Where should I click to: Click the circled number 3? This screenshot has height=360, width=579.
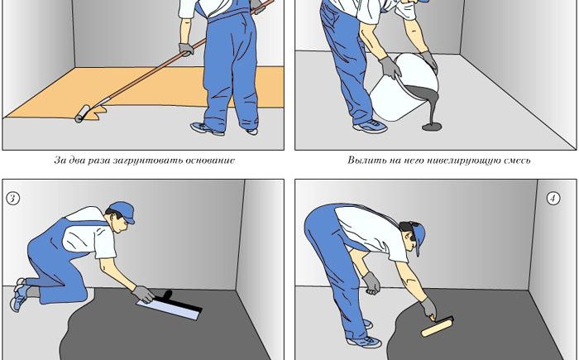tap(12, 199)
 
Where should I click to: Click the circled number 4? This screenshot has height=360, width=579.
tap(553, 199)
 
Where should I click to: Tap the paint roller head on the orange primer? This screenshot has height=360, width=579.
tap(83, 113)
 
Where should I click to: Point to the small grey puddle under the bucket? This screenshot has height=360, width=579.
tap(432, 127)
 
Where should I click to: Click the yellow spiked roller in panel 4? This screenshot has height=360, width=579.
tap(438, 329)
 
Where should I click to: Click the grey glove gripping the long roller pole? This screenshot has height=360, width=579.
tap(186, 49)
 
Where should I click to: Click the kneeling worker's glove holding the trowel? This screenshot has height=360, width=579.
tap(144, 295)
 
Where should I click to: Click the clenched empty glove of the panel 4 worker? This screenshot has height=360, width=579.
tap(371, 284)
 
